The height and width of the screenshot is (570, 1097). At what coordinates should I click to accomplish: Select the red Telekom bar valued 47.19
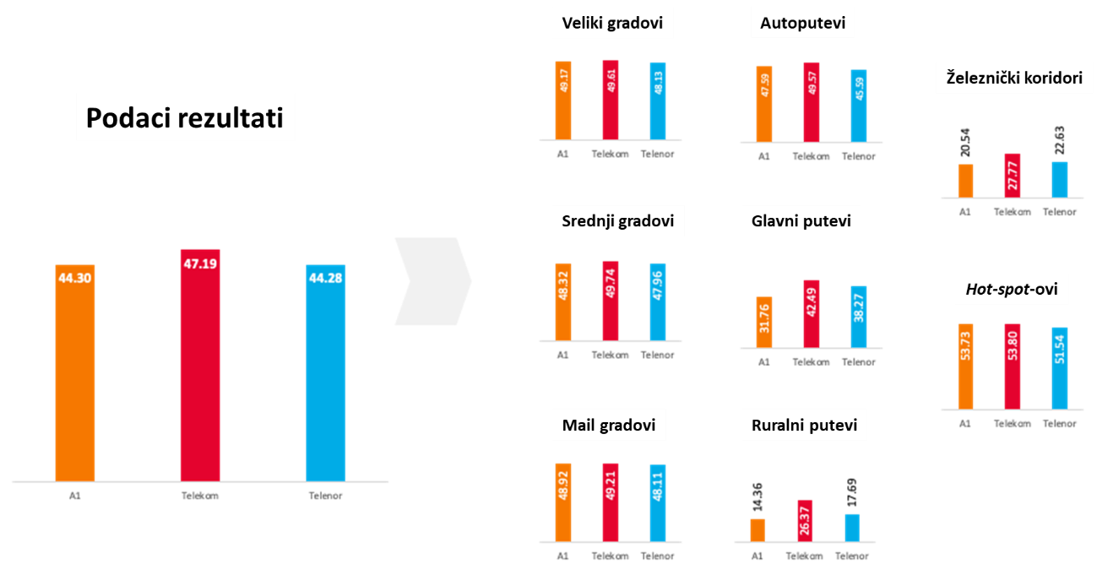(200, 365)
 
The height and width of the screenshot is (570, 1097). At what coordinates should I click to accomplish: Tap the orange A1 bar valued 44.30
(75, 372)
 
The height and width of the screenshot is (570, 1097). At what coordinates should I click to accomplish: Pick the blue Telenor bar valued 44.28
(325, 372)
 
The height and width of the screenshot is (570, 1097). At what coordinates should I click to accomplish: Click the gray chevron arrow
(432, 281)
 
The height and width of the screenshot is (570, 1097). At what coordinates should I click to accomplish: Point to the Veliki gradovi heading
(613, 24)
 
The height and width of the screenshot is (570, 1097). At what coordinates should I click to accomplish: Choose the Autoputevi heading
(802, 24)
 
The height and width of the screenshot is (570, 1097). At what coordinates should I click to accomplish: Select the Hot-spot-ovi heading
(1004, 291)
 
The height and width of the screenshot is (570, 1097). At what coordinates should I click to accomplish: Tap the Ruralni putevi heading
(804, 426)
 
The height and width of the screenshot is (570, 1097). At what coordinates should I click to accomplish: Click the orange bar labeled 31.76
(764, 322)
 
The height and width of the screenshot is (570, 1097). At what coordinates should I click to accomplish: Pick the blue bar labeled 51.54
(1059, 367)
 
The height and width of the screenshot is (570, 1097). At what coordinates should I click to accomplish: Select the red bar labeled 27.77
(1013, 176)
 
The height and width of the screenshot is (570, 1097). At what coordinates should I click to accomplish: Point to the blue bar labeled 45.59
(858, 106)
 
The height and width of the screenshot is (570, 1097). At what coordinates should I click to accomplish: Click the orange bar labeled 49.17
(563, 100)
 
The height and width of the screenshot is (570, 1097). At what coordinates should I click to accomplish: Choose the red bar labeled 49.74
(611, 301)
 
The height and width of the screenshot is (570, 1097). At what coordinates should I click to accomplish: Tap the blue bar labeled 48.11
(658, 502)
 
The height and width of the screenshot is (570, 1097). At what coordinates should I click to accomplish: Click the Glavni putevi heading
(801, 222)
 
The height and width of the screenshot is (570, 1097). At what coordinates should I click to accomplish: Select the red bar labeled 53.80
(1013, 366)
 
